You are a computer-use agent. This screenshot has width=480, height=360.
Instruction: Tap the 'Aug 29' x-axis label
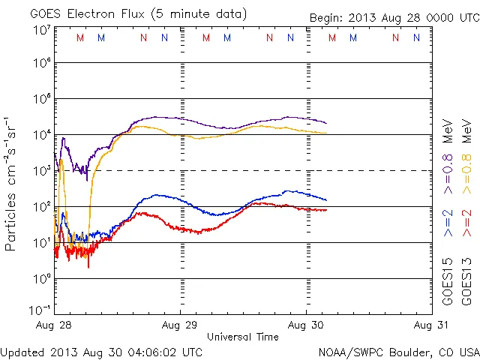(180, 325)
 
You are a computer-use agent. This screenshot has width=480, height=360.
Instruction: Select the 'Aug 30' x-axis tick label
(306, 325)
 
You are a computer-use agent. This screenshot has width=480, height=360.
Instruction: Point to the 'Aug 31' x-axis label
(430, 325)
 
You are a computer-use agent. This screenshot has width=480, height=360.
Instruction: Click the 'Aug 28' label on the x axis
(53, 325)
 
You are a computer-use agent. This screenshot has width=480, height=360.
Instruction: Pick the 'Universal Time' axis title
(242, 337)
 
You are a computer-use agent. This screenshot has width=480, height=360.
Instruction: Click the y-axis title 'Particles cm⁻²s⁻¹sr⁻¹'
(11, 183)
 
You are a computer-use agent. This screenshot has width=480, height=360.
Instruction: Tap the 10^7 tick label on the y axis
(40, 30)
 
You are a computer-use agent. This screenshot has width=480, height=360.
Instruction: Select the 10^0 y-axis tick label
(40, 279)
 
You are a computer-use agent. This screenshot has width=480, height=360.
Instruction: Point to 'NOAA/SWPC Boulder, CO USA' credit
(397, 352)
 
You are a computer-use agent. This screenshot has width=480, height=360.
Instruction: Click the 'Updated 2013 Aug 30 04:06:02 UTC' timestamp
(101, 352)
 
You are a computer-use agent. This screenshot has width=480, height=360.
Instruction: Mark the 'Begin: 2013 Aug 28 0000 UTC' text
(393, 17)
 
